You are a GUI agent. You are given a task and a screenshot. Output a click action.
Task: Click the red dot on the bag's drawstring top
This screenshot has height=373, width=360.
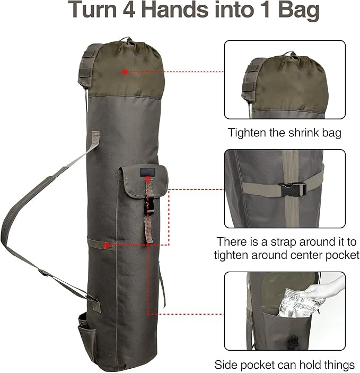coord(124,71)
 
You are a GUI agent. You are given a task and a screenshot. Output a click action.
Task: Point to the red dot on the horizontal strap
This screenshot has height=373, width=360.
coord(107,245)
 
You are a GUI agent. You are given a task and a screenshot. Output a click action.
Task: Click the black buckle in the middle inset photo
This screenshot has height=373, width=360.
coord(292,189)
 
